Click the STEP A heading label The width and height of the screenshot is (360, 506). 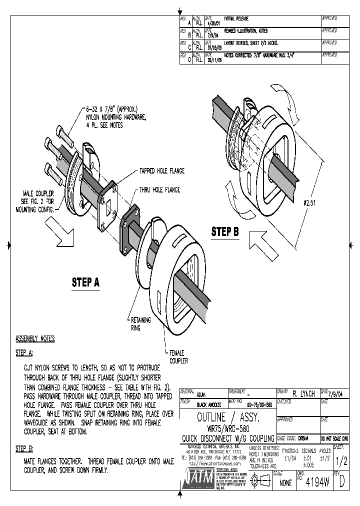(x=85, y=282)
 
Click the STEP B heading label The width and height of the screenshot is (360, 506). (x=225, y=231)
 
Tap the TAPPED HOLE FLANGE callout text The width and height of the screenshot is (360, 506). (x=159, y=171)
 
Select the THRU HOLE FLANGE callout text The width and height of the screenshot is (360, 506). (x=158, y=190)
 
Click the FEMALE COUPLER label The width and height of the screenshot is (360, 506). (x=178, y=356)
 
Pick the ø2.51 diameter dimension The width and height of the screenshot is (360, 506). (x=311, y=202)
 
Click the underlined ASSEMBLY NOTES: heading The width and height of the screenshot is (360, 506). (x=35, y=338)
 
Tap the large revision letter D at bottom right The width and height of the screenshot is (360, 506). (x=341, y=483)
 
